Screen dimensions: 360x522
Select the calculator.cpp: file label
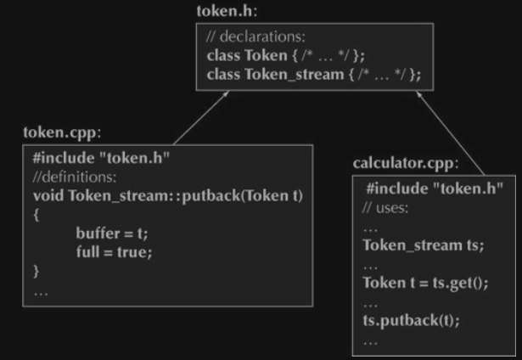tap(406, 163)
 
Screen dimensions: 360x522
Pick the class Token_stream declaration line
tap(313, 75)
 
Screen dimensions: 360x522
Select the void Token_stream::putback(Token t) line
tap(168, 196)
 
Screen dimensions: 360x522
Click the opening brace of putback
tap(36, 214)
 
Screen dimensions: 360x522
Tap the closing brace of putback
tap(36, 271)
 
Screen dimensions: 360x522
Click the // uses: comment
tap(387, 208)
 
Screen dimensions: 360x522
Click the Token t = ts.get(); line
tap(425, 283)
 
